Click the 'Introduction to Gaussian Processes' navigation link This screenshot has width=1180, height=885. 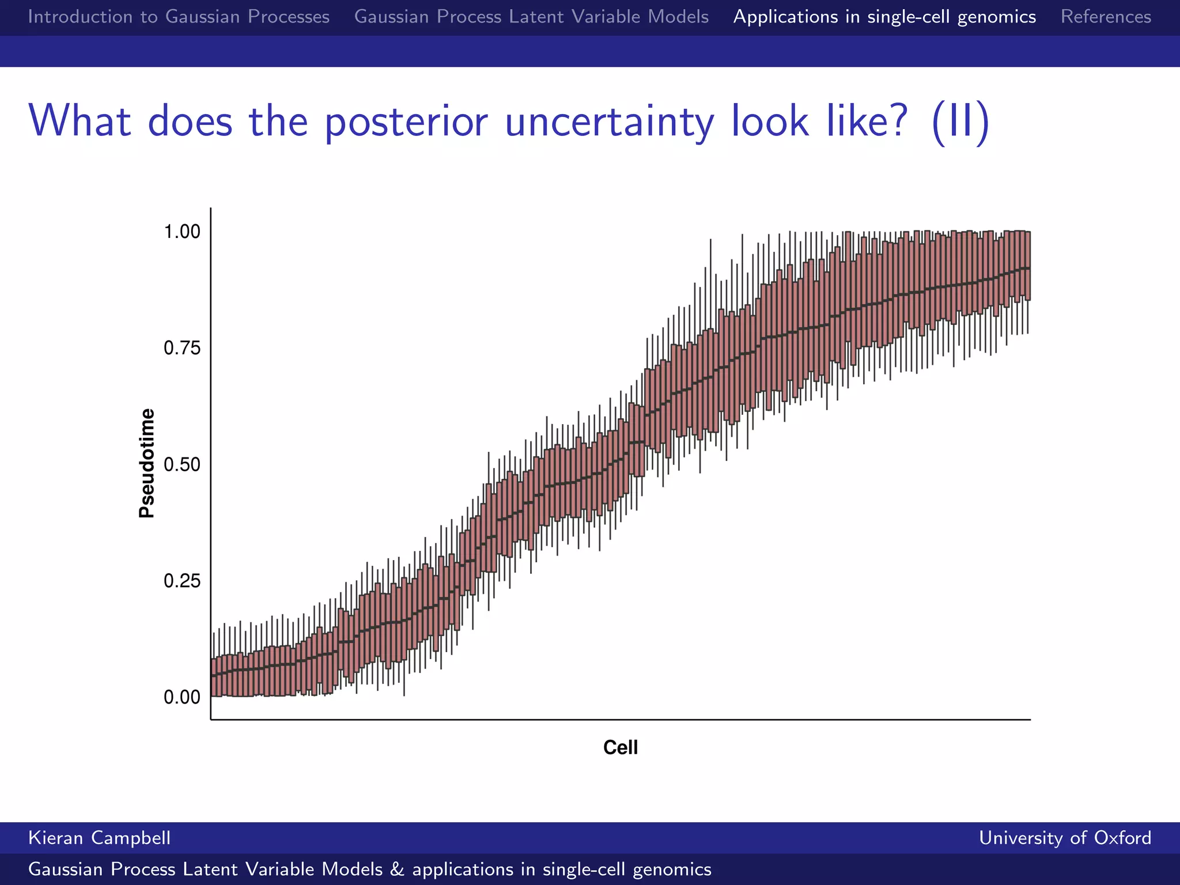[179, 17]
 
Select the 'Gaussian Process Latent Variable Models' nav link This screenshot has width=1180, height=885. [531, 17]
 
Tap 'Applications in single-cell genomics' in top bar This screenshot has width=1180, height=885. [884, 17]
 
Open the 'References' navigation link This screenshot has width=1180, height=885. [1106, 17]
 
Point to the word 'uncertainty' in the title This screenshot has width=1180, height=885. [610, 122]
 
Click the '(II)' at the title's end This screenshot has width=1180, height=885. [960, 122]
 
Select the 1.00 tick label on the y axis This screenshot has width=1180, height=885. [182, 232]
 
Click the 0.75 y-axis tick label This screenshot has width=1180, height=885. [182, 348]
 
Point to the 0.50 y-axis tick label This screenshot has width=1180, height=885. [182, 464]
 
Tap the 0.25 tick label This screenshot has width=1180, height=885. [182, 581]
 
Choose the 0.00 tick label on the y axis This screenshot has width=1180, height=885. [182, 697]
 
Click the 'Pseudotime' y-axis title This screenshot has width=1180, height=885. [147, 463]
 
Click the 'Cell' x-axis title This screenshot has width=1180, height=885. [620, 747]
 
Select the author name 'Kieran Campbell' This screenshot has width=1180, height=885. [99, 838]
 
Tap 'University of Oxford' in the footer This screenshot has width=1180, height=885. [1065, 838]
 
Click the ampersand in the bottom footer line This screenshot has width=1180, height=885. [397, 869]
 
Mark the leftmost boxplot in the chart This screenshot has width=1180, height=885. [214, 678]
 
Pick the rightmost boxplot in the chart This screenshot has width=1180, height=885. [1027, 266]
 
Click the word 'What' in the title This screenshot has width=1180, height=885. [80, 122]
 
